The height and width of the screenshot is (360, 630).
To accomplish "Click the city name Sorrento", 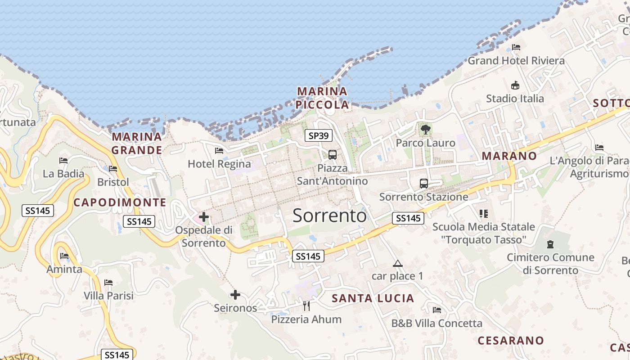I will pyautogui.click(x=329, y=216).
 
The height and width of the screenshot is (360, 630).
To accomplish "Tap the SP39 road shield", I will pyautogui.click(x=319, y=135).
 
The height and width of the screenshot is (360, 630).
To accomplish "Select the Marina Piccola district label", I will pyautogui.click(x=323, y=98).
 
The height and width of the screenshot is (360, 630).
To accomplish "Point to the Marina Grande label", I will pyautogui.click(x=137, y=143).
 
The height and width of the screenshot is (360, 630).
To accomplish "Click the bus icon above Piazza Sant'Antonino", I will pyautogui.click(x=333, y=155).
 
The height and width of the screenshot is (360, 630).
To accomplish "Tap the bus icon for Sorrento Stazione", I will pyautogui.click(x=424, y=184).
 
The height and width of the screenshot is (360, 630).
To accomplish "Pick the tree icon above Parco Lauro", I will pyautogui.click(x=425, y=130).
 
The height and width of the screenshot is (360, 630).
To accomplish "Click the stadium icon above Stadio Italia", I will pyautogui.click(x=515, y=85).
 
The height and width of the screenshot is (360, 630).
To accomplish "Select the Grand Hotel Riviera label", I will pyautogui.click(x=516, y=60).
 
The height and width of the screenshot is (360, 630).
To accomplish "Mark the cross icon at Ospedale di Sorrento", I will pyautogui.click(x=204, y=217).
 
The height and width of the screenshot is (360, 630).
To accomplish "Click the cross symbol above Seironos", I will pyautogui.click(x=235, y=295).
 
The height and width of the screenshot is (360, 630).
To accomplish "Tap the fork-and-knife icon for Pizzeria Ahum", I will pyautogui.click(x=306, y=306).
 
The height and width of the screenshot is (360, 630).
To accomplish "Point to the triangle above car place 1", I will pyautogui.click(x=397, y=263).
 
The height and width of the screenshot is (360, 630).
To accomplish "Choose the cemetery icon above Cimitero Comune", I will pyautogui.click(x=550, y=244).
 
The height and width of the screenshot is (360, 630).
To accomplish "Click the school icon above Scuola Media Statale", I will pyautogui.click(x=484, y=213).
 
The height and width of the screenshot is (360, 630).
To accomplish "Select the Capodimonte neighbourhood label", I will pyautogui.click(x=120, y=202).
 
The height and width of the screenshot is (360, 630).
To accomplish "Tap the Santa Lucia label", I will pyautogui.click(x=373, y=298).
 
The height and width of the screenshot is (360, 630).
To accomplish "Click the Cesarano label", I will pyautogui.click(x=510, y=340).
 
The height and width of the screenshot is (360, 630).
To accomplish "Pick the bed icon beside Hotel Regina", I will pyautogui.click(x=219, y=151).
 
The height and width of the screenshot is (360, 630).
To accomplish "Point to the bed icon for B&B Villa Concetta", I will pyautogui.click(x=436, y=310).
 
